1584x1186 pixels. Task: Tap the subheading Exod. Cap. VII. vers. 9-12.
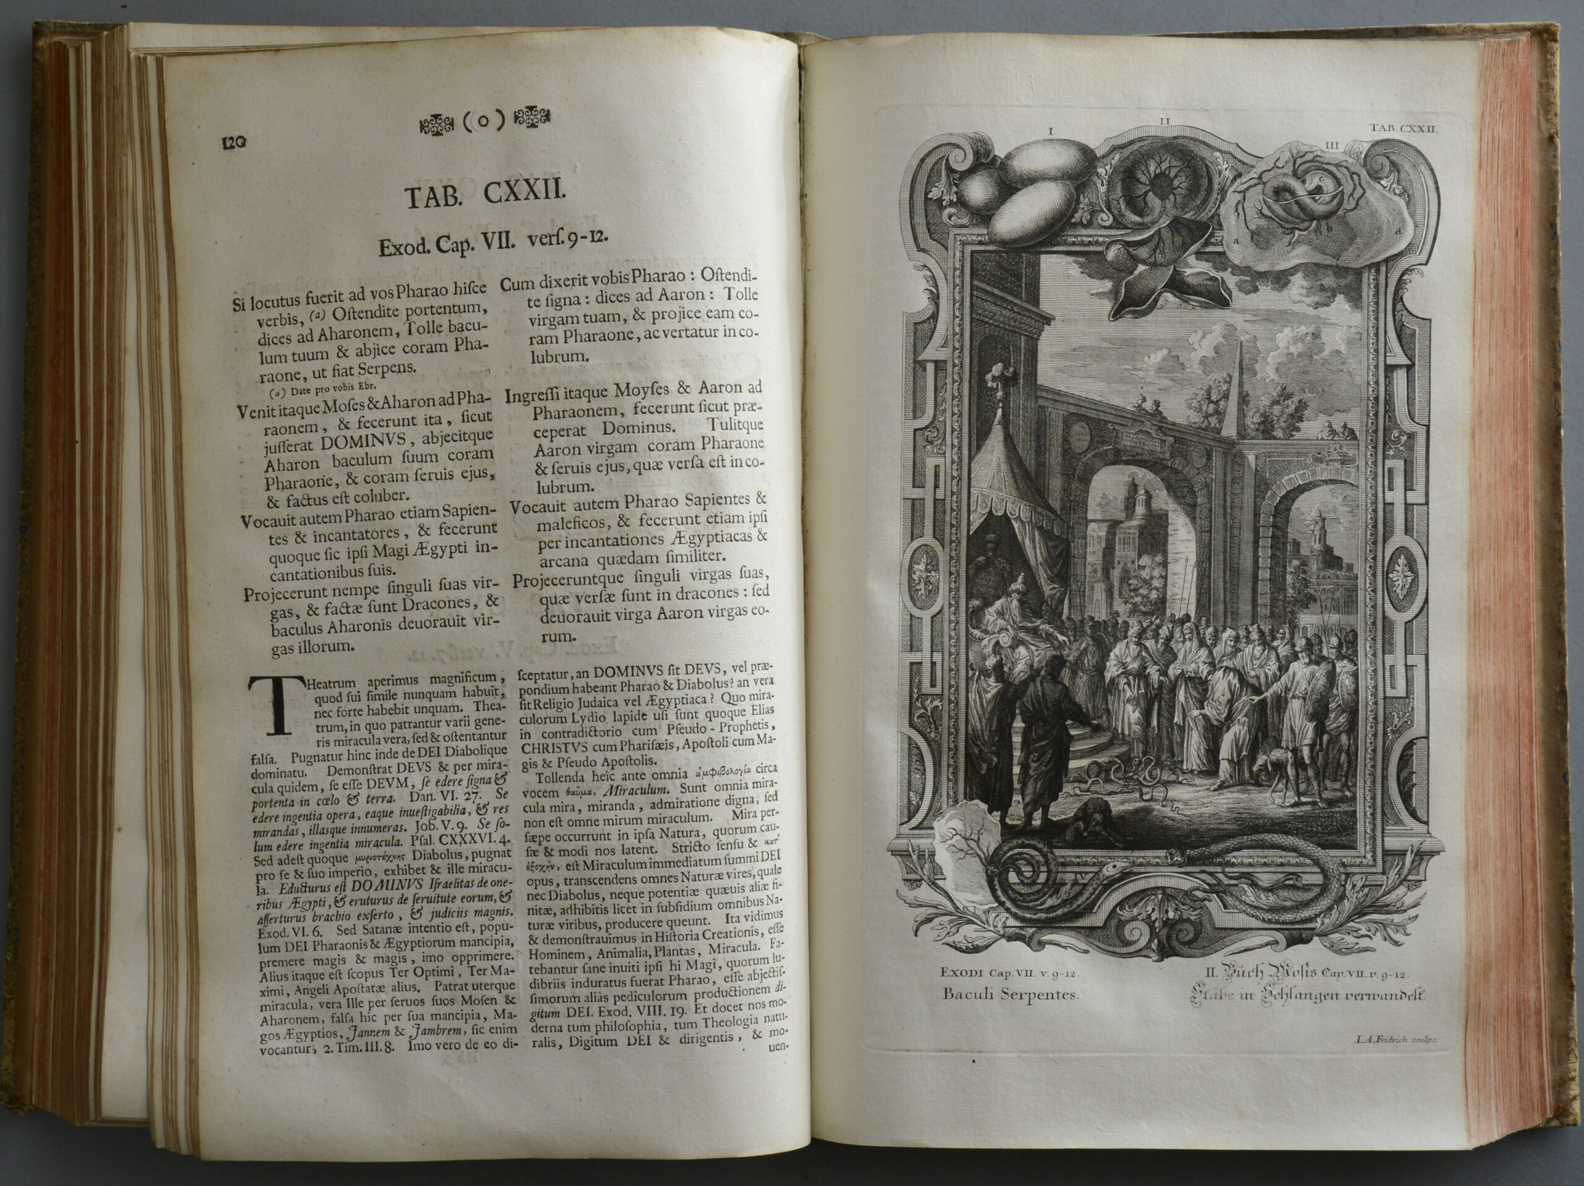493,246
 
